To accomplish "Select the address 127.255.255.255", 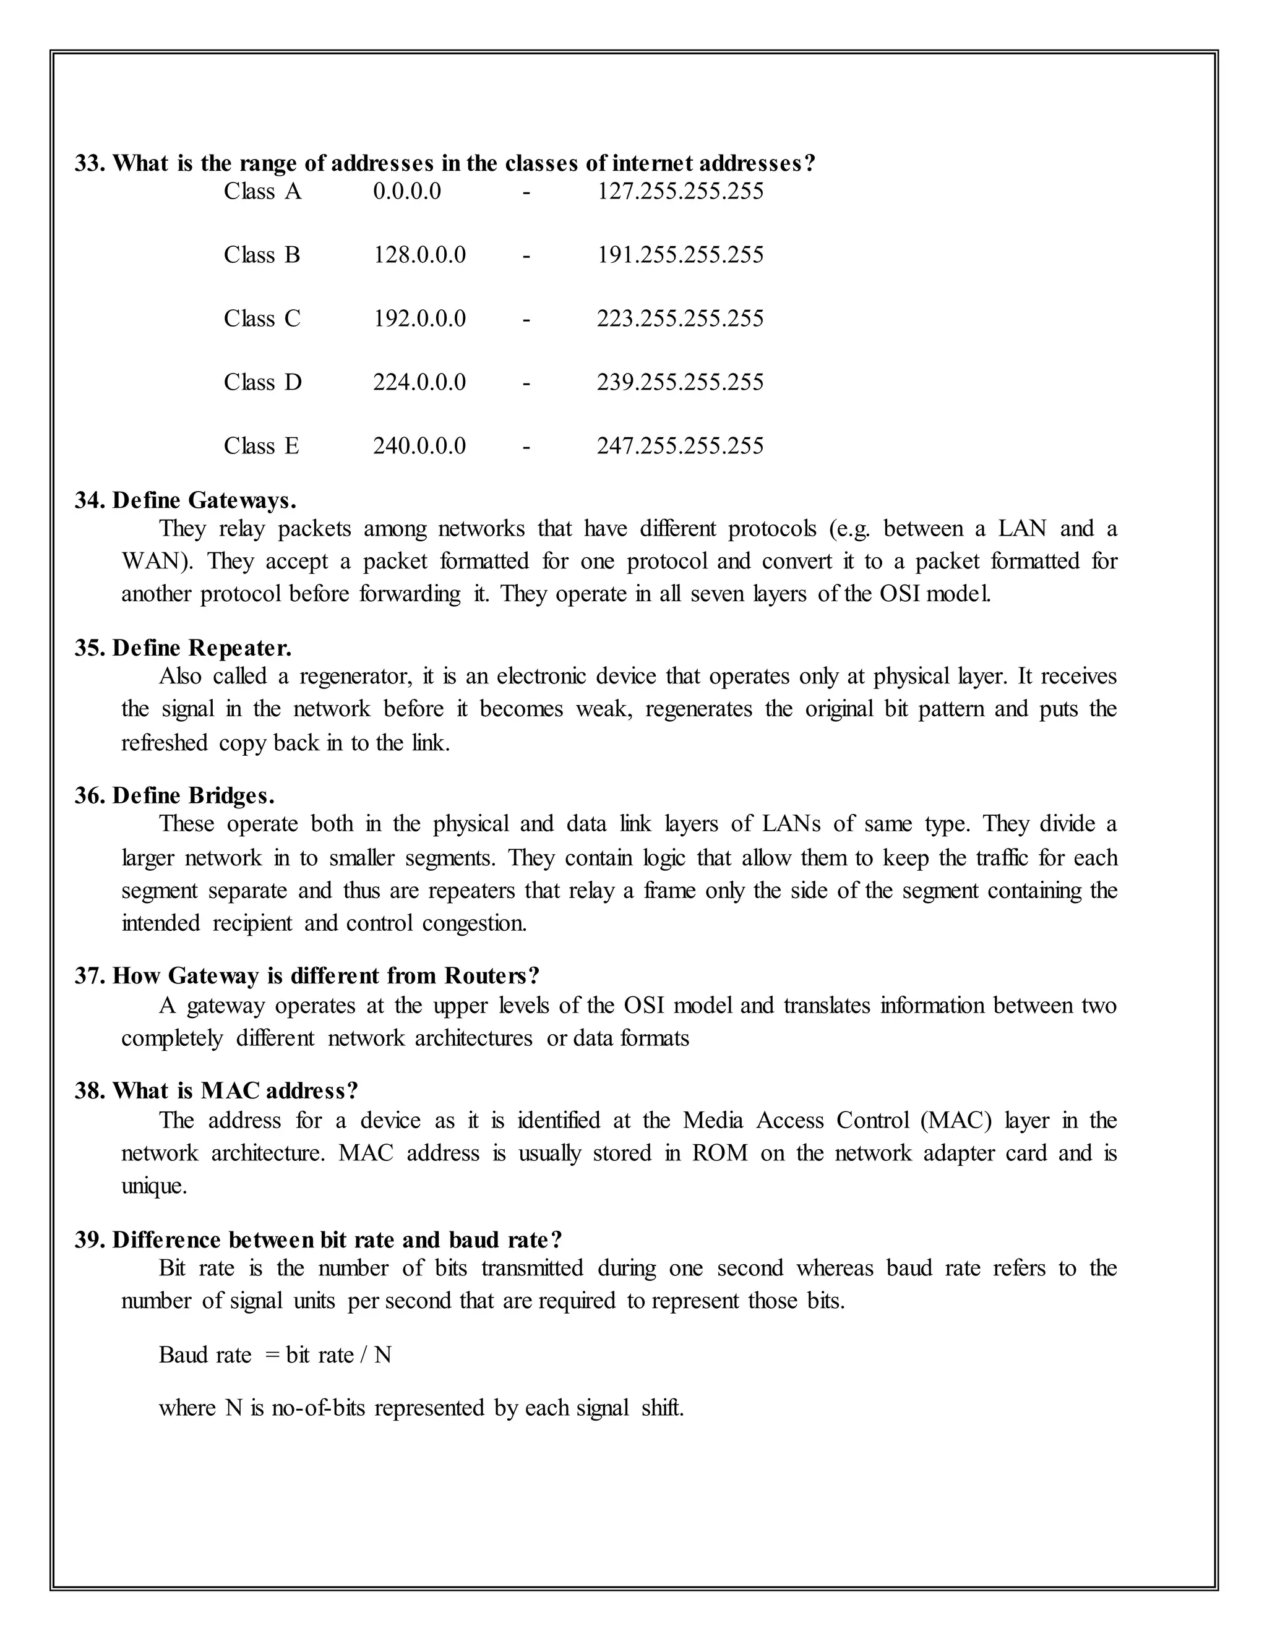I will [679, 191].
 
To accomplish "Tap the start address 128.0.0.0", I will [419, 255].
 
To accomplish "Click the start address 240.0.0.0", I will [419, 447].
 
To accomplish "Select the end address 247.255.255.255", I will [679, 447].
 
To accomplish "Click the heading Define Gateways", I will [204, 500].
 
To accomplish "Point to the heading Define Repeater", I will [201, 648].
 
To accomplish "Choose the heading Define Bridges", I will [193, 795].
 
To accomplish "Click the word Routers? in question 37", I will [492, 977].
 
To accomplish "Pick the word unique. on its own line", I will [154, 1186].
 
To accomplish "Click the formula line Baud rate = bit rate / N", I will [275, 1355].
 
